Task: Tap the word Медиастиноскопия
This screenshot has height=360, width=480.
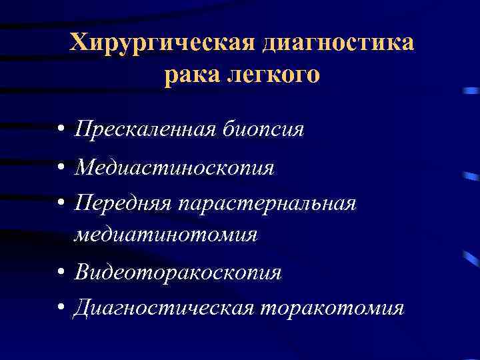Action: tap(174, 167)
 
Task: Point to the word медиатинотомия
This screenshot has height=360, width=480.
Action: tap(166, 234)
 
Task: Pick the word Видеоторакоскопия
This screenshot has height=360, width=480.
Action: tap(178, 272)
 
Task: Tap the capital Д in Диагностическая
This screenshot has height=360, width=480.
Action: tap(83, 309)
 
